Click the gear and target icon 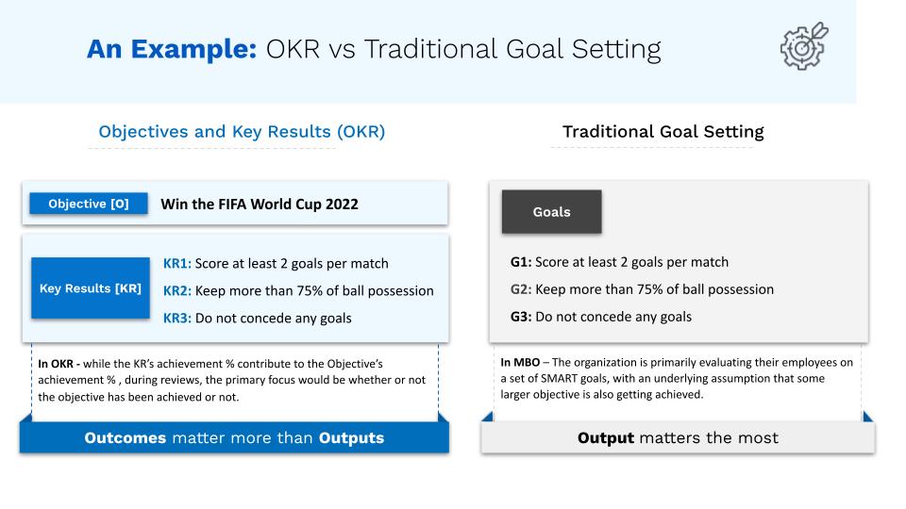point(804,46)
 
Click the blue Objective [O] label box point(89,204)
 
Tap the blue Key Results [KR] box point(91,288)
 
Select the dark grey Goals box point(551,212)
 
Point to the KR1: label point(176,264)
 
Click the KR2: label point(176,291)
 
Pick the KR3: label point(176,318)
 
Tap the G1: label point(521,262)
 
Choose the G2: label point(521,289)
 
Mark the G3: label point(521,317)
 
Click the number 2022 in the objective point(342,205)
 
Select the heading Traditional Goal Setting point(663,132)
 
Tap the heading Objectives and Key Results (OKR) point(242,132)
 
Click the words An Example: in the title point(172,49)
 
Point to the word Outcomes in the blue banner point(126,438)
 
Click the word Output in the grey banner point(606,438)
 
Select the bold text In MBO point(520,362)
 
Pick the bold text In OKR point(56,364)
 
